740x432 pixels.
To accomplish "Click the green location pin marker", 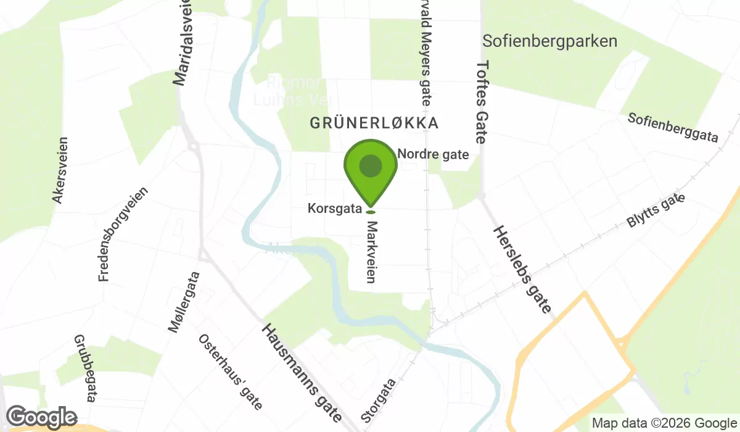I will click(x=370, y=167).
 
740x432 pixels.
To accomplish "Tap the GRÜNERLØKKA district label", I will click(x=374, y=123).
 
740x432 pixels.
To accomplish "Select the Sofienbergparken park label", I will click(x=550, y=41).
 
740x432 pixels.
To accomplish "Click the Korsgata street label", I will click(x=334, y=209).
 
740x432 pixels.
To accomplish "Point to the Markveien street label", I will click(x=371, y=253).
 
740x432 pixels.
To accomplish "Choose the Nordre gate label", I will click(x=434, y=154).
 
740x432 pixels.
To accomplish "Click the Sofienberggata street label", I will click(x=673, y=128).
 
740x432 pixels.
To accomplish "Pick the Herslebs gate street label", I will click(x=521, y=269).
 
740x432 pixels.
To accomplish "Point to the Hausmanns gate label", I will click(x=302, y=373).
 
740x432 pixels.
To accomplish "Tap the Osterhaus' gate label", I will click(x=230, y=372).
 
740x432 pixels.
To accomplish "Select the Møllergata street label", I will click(x=184, y=302).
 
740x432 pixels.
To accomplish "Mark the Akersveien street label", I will click(x=60, y=170).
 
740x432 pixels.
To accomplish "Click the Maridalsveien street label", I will click(x=183, y=43).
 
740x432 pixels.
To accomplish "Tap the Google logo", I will click(x=42, y=417).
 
